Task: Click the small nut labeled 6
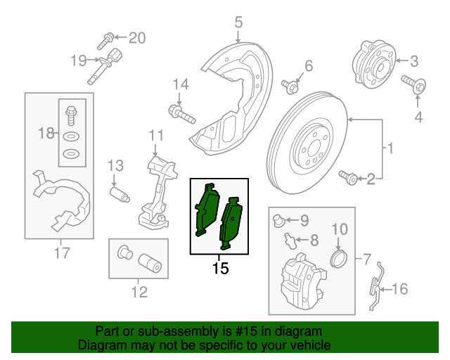[x=289, y=86]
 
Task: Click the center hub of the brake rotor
[x=309, y=149]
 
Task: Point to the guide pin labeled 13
[x=119, y=193]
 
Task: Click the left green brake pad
[x=206, y=210]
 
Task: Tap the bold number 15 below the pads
[x=220, y=268]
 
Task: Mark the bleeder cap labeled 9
[x=279, y=221]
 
